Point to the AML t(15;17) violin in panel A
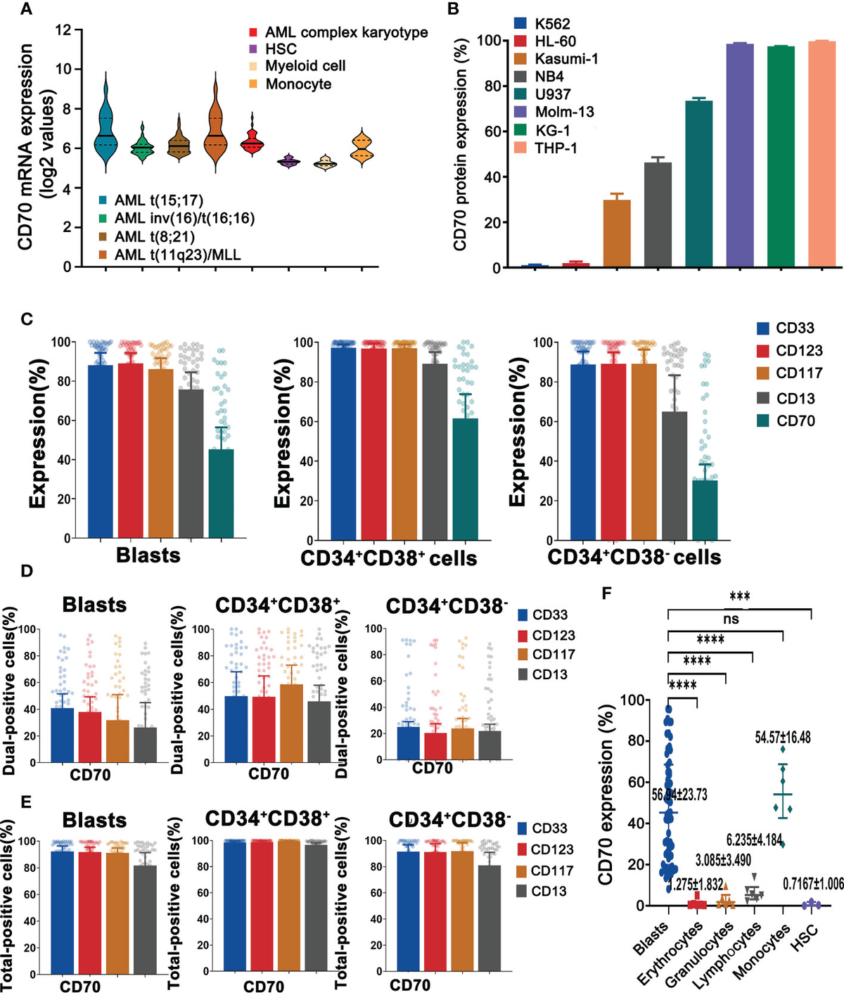(105, 123)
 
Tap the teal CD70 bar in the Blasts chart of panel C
(222, 494)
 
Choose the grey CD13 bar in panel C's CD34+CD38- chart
(674, 476)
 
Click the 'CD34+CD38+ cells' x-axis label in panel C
(388, 558)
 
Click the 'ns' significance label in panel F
(731, 619)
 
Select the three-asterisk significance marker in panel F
(739, 597)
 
